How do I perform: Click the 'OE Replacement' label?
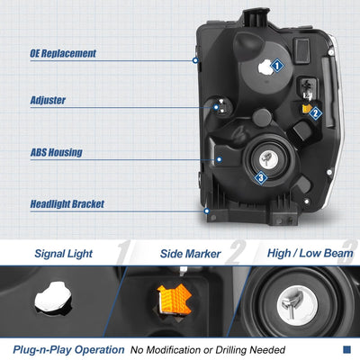(x=63, y=53)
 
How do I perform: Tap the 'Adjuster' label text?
(x=48, y=100)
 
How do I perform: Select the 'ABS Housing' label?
(x=57, y=152)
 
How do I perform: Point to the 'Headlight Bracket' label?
(x=67, y=204)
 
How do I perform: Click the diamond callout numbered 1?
(x=277, y=66)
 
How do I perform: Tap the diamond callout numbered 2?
(x=315, y=113)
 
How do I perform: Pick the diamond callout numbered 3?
(x=261, y=178)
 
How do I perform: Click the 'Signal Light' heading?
(x=64, y=254)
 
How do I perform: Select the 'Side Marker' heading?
(x=190, y=254)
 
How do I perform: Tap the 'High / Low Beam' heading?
(x=310, y=254)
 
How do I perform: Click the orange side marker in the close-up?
(x=174, y=299)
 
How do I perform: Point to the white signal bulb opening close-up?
(x=53, y=296)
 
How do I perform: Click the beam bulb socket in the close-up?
(x=297, y=306)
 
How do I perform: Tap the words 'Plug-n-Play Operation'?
(x=68, y=350)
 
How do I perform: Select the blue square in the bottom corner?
(x=346, y=349)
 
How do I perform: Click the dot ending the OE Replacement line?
(x=195, y=60)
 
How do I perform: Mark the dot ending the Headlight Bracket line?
(x=206, y=211)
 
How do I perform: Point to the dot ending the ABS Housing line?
(x=220, y=159)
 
